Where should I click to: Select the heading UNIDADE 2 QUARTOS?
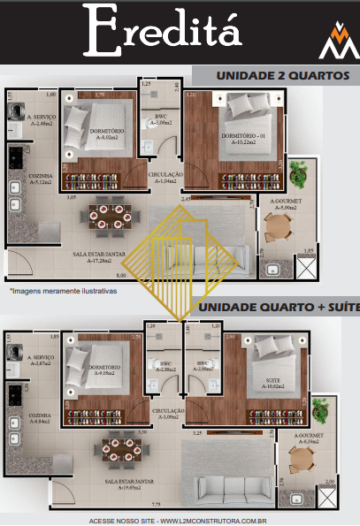[x=271, y=76]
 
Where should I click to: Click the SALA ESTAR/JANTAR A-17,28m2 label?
[x=97, y=256]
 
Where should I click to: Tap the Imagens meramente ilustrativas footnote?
[x=63, y=290]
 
